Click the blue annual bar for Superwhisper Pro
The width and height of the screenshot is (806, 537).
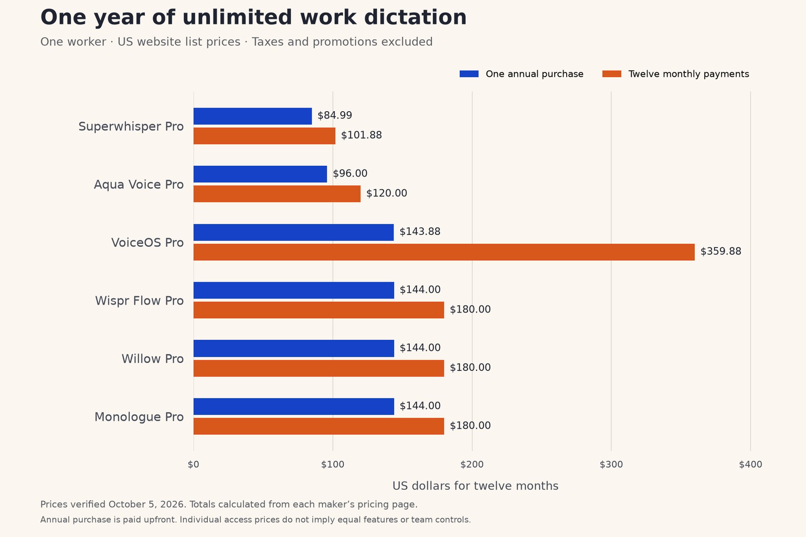[252, 116]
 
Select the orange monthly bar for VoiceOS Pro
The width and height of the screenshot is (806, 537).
[444, 252]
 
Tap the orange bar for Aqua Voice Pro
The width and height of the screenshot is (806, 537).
[277, 194]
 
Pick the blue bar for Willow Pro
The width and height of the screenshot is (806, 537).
[294, 348]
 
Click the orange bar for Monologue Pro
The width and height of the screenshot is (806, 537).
[319, 426]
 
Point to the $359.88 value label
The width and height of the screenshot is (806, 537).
[720, 251]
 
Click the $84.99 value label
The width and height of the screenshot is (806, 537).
[335, 115]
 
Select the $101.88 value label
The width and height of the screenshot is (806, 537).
[361, 135]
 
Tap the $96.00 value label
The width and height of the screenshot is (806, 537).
[350, 174]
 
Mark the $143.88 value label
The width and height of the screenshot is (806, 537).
[420, 232]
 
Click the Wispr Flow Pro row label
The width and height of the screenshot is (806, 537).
[139, 300]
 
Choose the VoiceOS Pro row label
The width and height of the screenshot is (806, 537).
[147, 243]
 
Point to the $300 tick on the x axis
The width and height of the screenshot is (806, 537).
[611, 465]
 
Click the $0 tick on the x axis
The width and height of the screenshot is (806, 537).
[193, 465]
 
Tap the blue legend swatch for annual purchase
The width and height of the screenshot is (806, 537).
[469, 74]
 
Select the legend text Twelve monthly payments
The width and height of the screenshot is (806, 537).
[688, 74]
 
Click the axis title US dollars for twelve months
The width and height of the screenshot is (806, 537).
[475, 486]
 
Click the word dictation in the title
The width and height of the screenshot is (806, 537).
[415, 17]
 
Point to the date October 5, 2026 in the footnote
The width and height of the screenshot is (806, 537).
[147, 504]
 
